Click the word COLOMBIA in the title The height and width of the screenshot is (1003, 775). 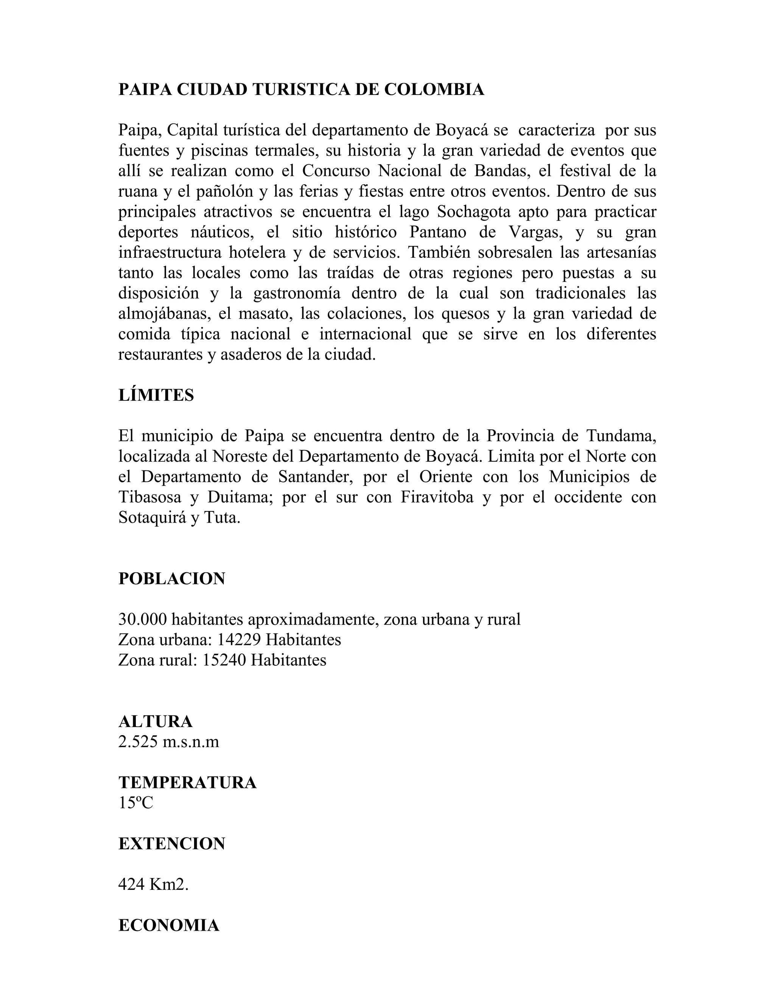point(434,90)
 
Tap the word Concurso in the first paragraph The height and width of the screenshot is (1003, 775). point(336,171)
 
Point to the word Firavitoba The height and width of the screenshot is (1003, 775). point(437,497)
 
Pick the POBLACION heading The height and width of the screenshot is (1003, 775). point(172,579)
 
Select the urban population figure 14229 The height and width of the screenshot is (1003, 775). point(239,640)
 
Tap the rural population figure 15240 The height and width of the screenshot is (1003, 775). point(224,660)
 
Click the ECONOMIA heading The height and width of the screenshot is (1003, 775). point(169,925)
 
